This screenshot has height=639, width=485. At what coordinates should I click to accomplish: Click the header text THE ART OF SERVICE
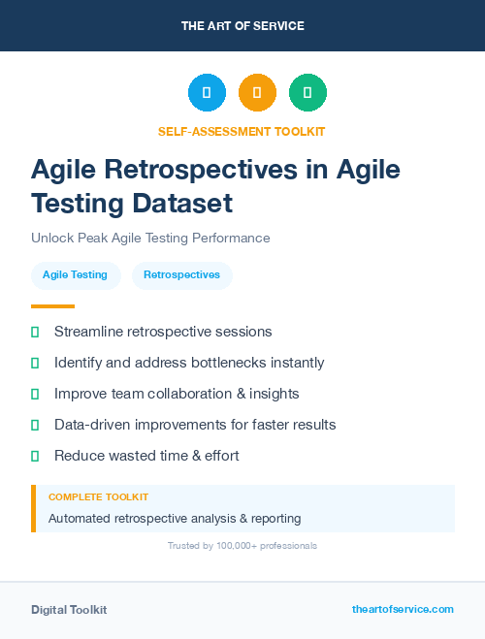click(x=242, y=26)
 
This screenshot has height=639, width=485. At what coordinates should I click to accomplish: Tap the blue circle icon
click(x=207, y=93)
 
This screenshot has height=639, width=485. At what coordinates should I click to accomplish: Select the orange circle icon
click(x=257, y=93)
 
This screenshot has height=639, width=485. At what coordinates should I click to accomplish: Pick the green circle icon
click(x=307, y=93)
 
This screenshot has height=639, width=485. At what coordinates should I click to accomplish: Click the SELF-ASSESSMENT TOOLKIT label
click(x=242, y=131)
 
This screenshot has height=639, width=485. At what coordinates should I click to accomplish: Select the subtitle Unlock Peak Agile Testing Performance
click(x=150, y=238)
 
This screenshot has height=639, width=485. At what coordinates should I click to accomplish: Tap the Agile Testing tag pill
click(x=76, y=275)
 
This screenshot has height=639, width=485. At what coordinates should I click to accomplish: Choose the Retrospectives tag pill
click(x=181, y=275)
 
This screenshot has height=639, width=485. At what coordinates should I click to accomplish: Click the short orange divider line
click(x=46, y=306)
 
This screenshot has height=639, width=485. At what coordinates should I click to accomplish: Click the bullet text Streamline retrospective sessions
click(x=163, y=332)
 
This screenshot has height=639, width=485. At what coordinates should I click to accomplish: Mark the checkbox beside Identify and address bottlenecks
click(x=35, y=363)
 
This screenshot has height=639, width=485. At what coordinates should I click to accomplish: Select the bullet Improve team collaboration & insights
click(x=177, y=394)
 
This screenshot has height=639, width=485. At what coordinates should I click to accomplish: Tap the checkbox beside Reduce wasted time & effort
click(x=35, y=456)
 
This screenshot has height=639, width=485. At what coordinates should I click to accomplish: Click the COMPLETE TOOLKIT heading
click(x=98, y=496)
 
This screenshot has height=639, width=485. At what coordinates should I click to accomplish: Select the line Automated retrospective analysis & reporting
click(x=175, y=519)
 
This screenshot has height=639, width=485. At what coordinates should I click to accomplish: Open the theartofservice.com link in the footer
click(x=403, y=609)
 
